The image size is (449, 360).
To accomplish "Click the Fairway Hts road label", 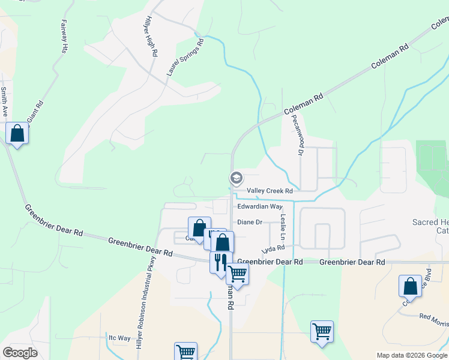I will (63, 37).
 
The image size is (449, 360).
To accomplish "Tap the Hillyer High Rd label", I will (150, 37).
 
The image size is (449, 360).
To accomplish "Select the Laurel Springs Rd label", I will (185, 58).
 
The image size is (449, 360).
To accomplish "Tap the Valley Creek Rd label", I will (270, 191).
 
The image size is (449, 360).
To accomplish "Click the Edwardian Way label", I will (259, 206).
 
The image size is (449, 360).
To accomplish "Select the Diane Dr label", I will (250, 222).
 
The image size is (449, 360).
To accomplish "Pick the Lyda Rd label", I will (273, 248).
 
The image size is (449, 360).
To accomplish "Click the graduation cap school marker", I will (236, 178).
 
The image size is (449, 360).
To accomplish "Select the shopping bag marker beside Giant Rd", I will (17, 132).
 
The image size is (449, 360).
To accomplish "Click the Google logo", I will (20, 353).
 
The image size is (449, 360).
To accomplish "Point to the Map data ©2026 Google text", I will (412, 355).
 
